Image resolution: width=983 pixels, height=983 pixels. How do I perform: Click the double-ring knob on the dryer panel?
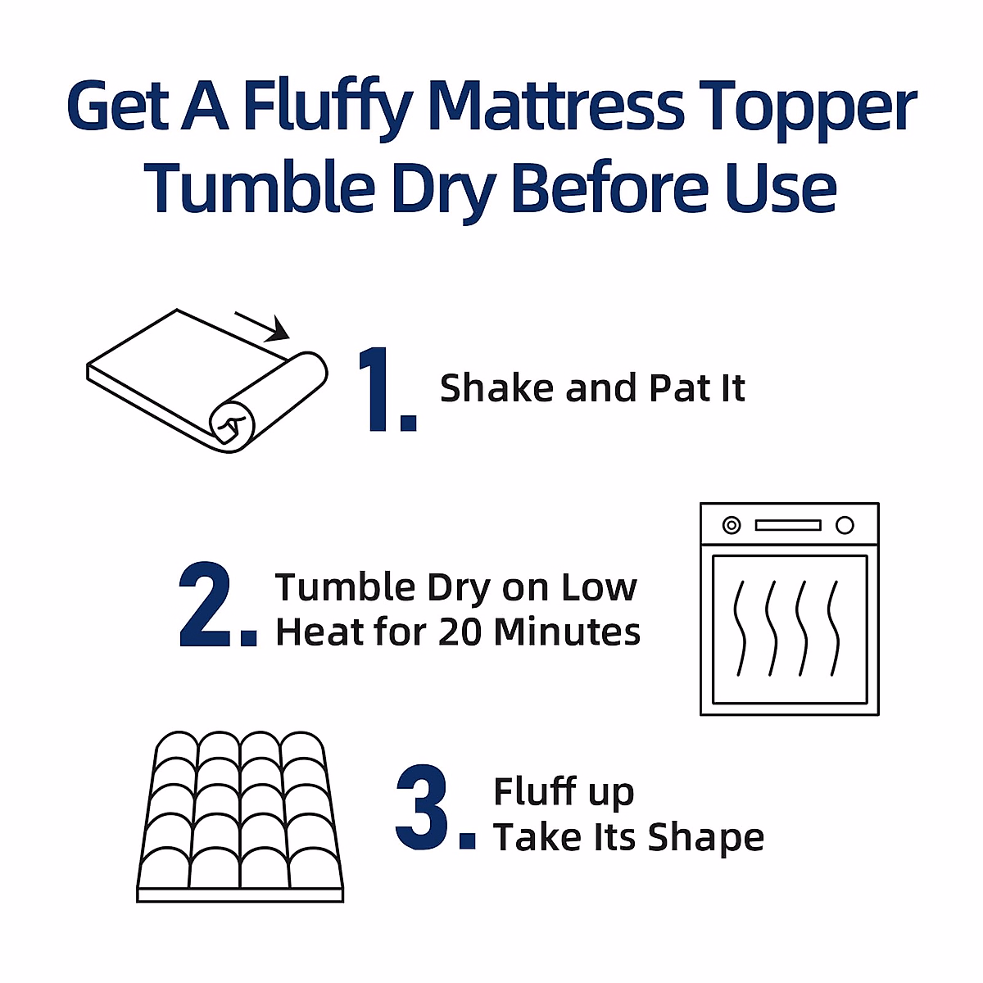tap(731, 525)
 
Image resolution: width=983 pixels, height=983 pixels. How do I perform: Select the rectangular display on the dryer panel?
tap(787, 525)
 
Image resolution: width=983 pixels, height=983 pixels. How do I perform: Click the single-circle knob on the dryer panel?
tap(845, 525)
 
